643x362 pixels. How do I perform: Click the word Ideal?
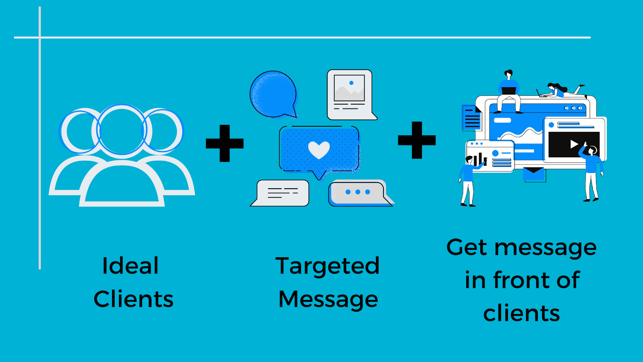click(x=130, y=266)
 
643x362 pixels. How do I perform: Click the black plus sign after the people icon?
click(x=225, y=143)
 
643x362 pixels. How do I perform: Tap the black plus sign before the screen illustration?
click(x=416, y=140)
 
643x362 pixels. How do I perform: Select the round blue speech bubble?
click(x=273, y=95)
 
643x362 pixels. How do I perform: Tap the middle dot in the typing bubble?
click(x=358, y=192)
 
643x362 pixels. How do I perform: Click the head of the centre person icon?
click(x=122, y=130)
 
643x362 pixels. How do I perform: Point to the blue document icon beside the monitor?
click(x=471, y=117)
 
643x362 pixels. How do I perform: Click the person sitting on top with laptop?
click(x=509, y=91)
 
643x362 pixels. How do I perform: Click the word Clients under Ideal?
click(x=133, y=299)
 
